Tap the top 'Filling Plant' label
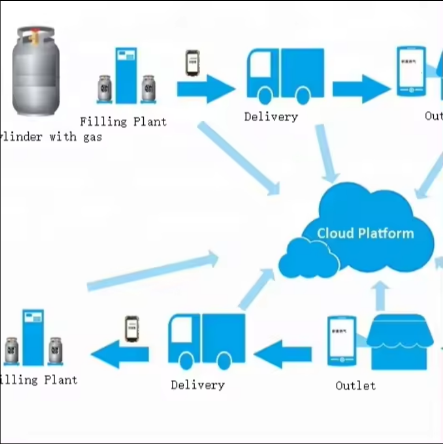point(123,122)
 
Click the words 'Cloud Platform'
point(365,233)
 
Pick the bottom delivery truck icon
point(206,341)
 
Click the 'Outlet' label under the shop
point(355,385)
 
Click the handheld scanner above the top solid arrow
point(192,63)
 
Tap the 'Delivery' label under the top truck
point(271,117)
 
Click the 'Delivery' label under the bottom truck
point(198,385)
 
